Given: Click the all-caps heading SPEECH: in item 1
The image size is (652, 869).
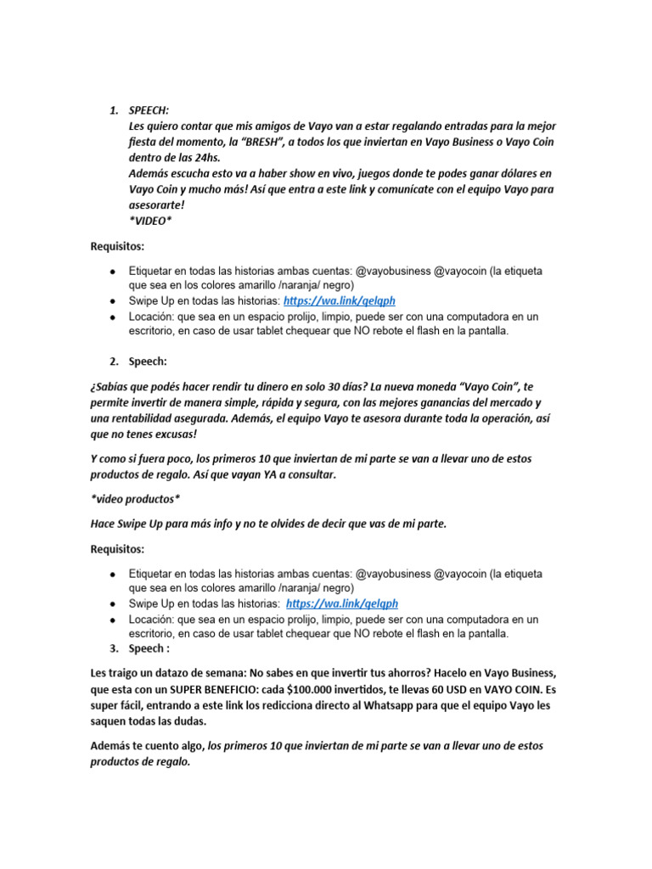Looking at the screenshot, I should [x=149, y=110].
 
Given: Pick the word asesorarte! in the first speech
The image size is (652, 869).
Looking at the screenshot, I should [x=158, y=205].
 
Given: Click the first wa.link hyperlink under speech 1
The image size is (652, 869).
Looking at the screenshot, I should [x=340, y=300].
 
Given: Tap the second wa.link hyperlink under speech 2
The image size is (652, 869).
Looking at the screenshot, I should [x=342, y=603].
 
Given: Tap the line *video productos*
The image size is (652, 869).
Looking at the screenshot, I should [x=134, y=498].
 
